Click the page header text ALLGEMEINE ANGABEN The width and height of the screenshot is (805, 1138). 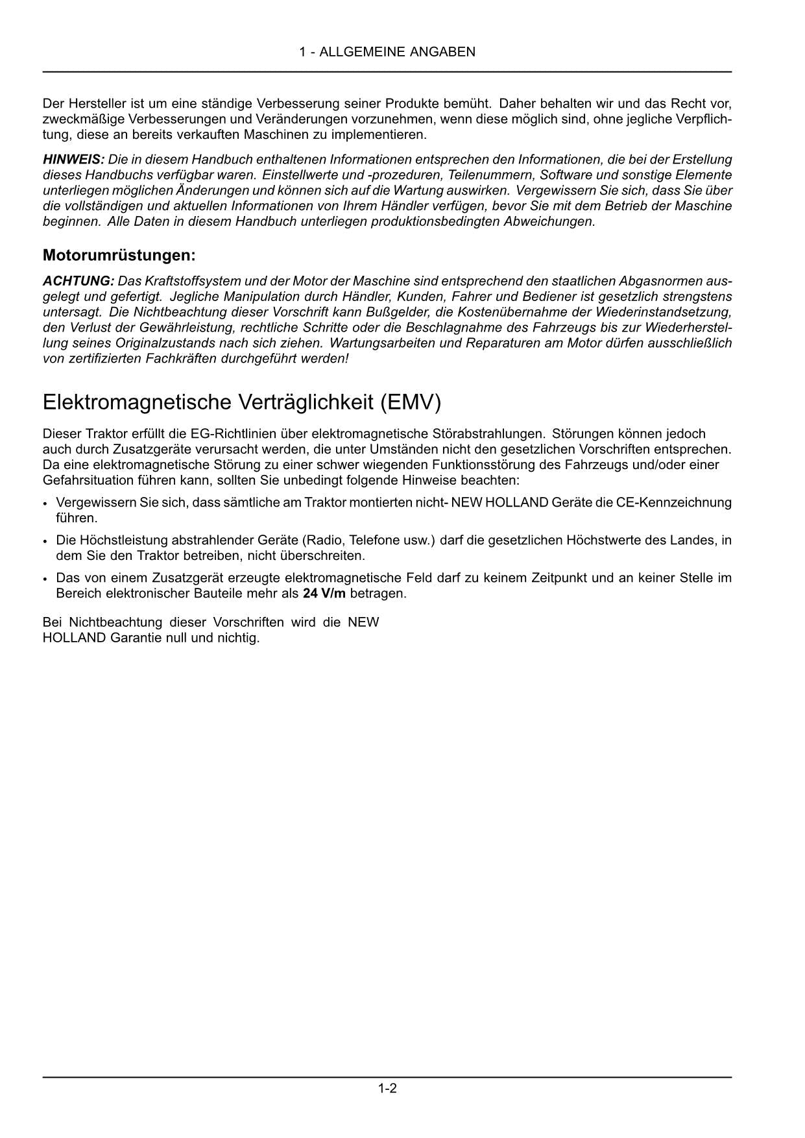pos(397,52)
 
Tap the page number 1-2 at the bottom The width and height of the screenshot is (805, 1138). pos(387,1088)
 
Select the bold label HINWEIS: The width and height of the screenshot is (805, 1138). pos(73,160)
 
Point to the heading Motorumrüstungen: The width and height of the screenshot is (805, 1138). pos(119,256)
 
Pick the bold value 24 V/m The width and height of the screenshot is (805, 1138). pos(324,594)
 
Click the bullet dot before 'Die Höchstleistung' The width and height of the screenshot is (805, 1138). pos(45,541)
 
